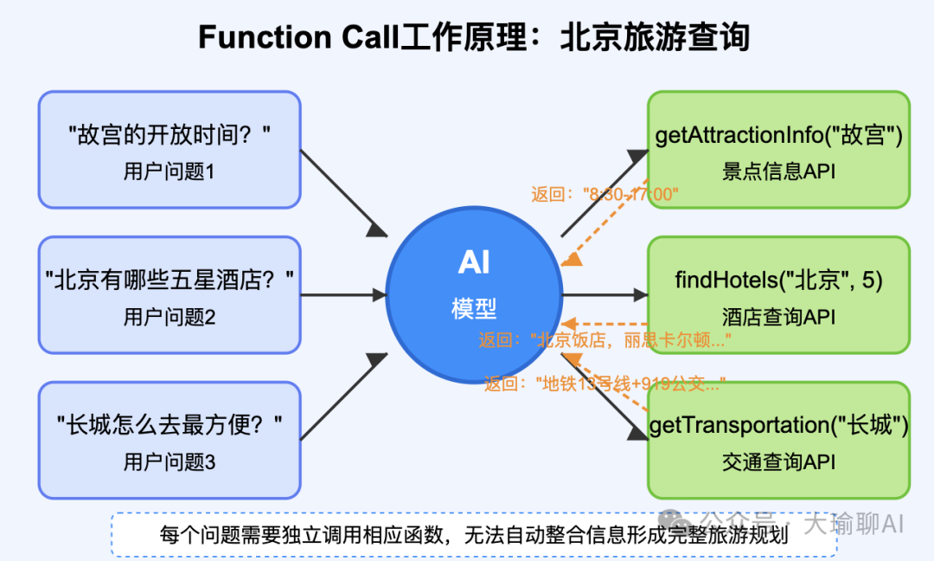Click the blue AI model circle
[473, 294]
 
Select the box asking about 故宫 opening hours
[170, 150]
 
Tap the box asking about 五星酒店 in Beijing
[170, 294]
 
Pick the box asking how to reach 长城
[170, 440]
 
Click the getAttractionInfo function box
[778, 149]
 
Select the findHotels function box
[778, 294]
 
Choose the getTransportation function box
[778, 440]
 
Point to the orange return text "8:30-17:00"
[605, 195]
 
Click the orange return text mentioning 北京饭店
[605, 340]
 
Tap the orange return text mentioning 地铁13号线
[605, 383]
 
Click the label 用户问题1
[170, 171]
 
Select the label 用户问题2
[170, 317]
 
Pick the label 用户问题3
[170, 462]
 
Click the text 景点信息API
[778, 171]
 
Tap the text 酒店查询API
[778, 317]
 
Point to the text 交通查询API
[778, 462]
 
